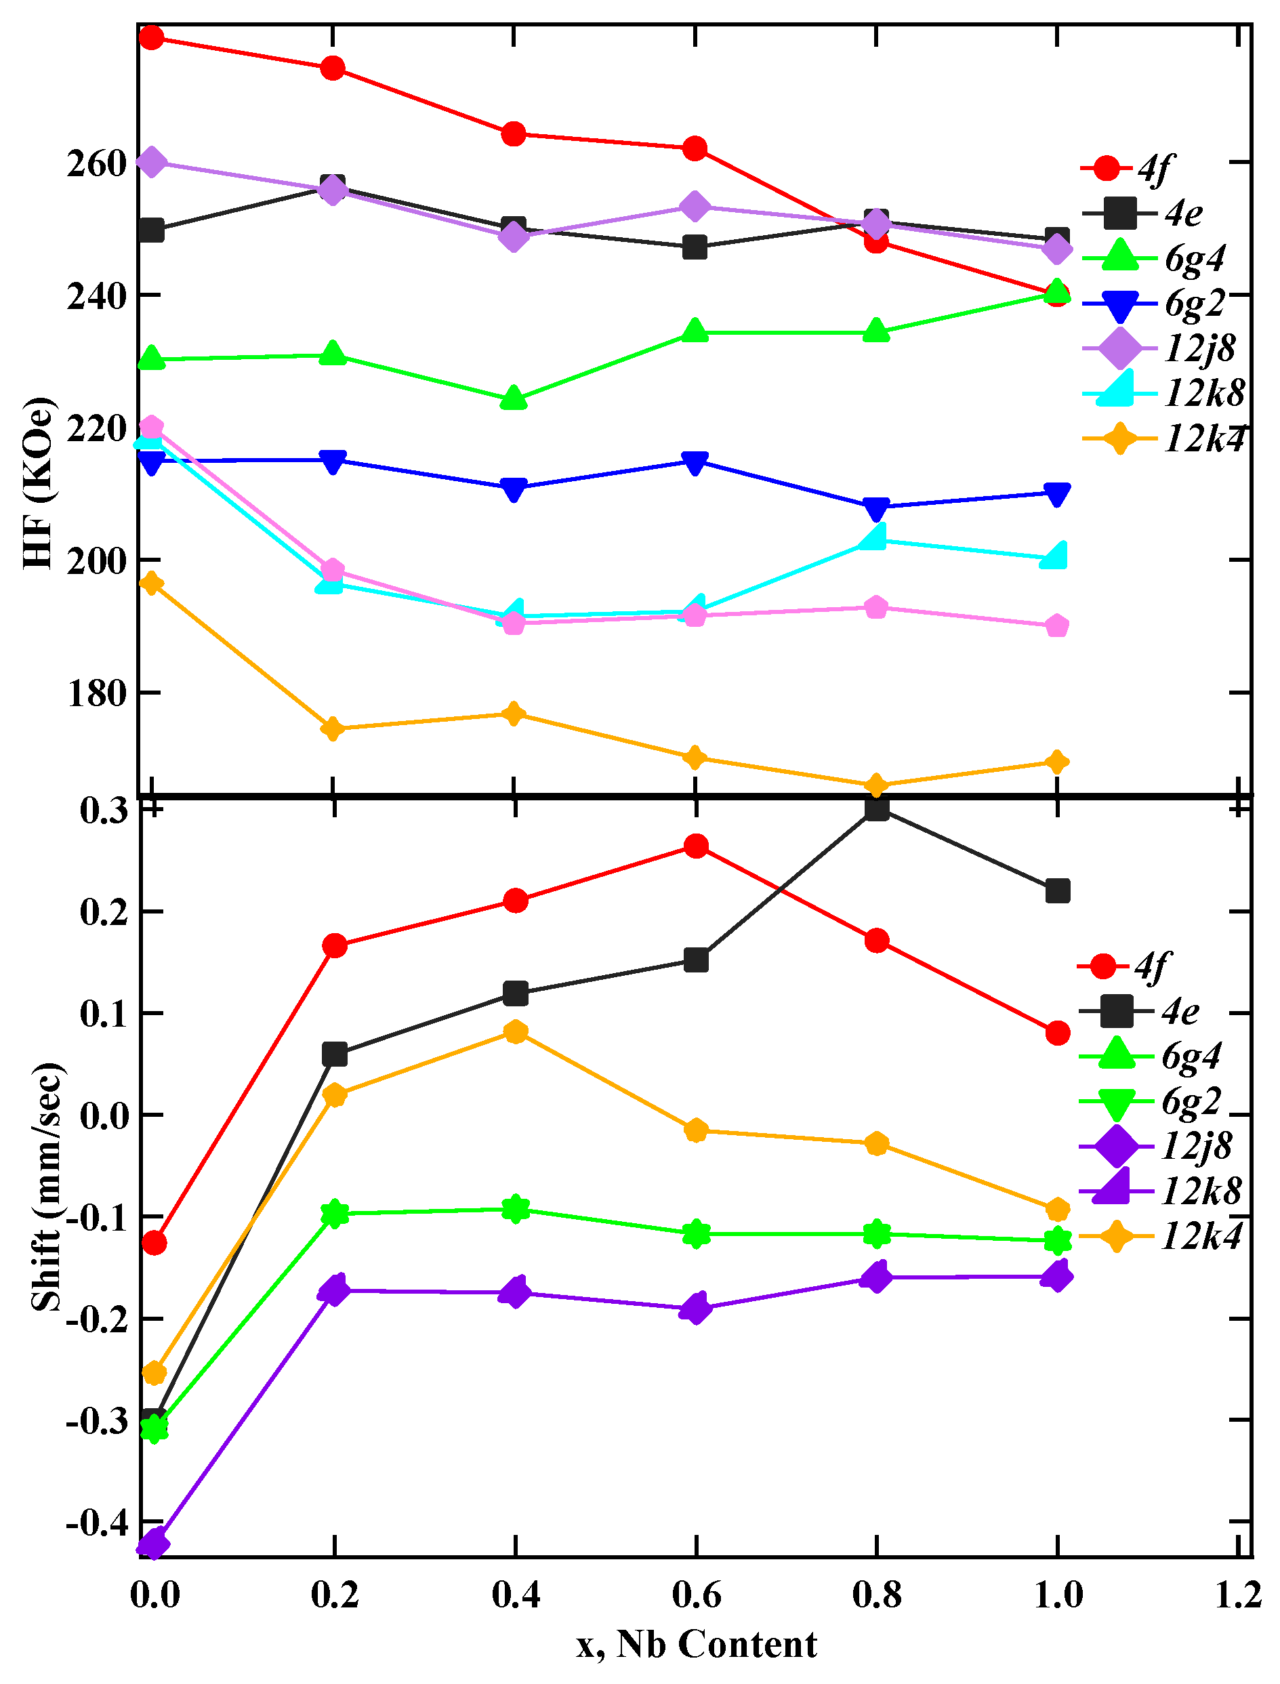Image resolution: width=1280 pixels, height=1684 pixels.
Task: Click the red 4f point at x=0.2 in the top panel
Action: pos(333,68)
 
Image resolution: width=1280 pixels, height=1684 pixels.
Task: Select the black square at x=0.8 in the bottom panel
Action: pos(877,808)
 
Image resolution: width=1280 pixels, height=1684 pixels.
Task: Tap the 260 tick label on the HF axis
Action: pos(97,163)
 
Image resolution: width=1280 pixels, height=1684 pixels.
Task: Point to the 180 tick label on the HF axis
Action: pos(97,693)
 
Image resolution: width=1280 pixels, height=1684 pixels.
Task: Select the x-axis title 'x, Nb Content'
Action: pos(696,1643)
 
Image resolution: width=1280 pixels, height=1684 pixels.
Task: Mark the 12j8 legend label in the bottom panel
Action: pos(1196,1145)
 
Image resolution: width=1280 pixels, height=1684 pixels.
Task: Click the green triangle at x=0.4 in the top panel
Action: pos(514,398)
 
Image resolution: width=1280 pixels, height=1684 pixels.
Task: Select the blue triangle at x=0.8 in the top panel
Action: pos(877,508)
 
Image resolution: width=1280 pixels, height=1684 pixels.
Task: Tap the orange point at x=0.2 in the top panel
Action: pos(333,728)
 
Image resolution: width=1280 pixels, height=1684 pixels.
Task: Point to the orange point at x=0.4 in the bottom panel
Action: pos(516,1033)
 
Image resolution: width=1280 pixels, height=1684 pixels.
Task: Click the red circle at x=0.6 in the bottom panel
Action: pos(696,846)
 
